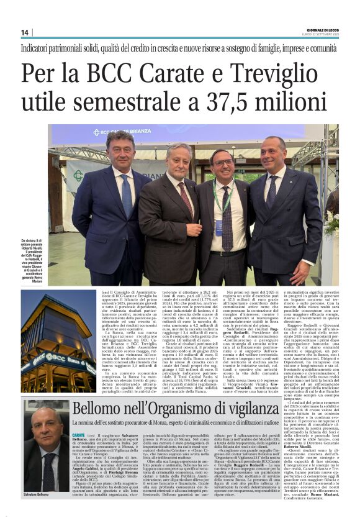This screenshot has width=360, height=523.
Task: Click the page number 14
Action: (x=25, y=32)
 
